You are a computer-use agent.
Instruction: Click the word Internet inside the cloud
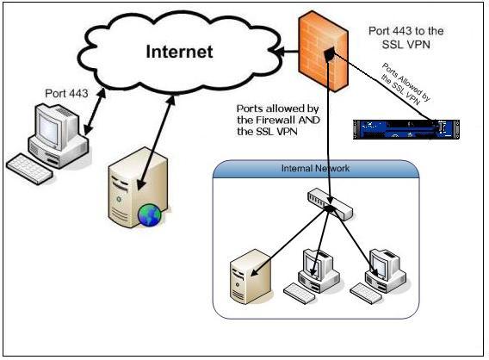[x=179, y=52]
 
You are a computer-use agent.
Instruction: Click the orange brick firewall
[x=323, y=51]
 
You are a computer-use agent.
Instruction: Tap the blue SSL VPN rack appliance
[x=406, y=129]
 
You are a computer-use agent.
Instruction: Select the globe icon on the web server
[x=150, y=214]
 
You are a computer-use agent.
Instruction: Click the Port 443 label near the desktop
[x=66, y=93]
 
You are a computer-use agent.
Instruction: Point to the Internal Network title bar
[x=316, y=169]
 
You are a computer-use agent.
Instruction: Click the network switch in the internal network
[x=330, y=204]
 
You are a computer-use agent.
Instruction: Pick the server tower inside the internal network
[x=251, y=276]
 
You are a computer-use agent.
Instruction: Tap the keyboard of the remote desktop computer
[x=29, y=169]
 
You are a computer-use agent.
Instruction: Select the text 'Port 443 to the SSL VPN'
[x=405, y=37]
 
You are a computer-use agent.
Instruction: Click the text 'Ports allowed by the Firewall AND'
[x=278, y=115]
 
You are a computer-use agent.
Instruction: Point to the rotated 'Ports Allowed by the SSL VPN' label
[x=405, y=84]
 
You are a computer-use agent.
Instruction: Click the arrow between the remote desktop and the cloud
[x=95, y=112]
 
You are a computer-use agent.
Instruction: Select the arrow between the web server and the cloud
[x=156, y=142]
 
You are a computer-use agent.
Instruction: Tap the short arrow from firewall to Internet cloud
[x=287, y=52]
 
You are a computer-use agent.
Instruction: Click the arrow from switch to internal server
[x=290, y=241]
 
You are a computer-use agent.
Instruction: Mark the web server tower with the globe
[x=138, y=187]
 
